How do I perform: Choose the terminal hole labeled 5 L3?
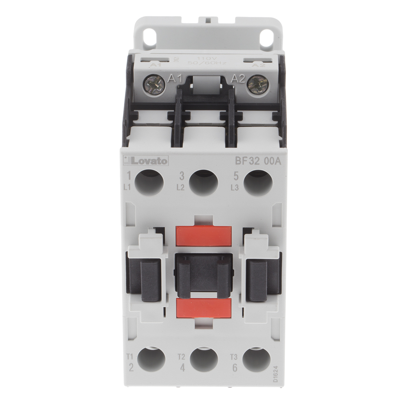(257, 183)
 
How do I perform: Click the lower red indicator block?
(203, 308)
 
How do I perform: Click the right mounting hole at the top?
(269, 35)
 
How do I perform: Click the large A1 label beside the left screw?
(174, 80)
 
